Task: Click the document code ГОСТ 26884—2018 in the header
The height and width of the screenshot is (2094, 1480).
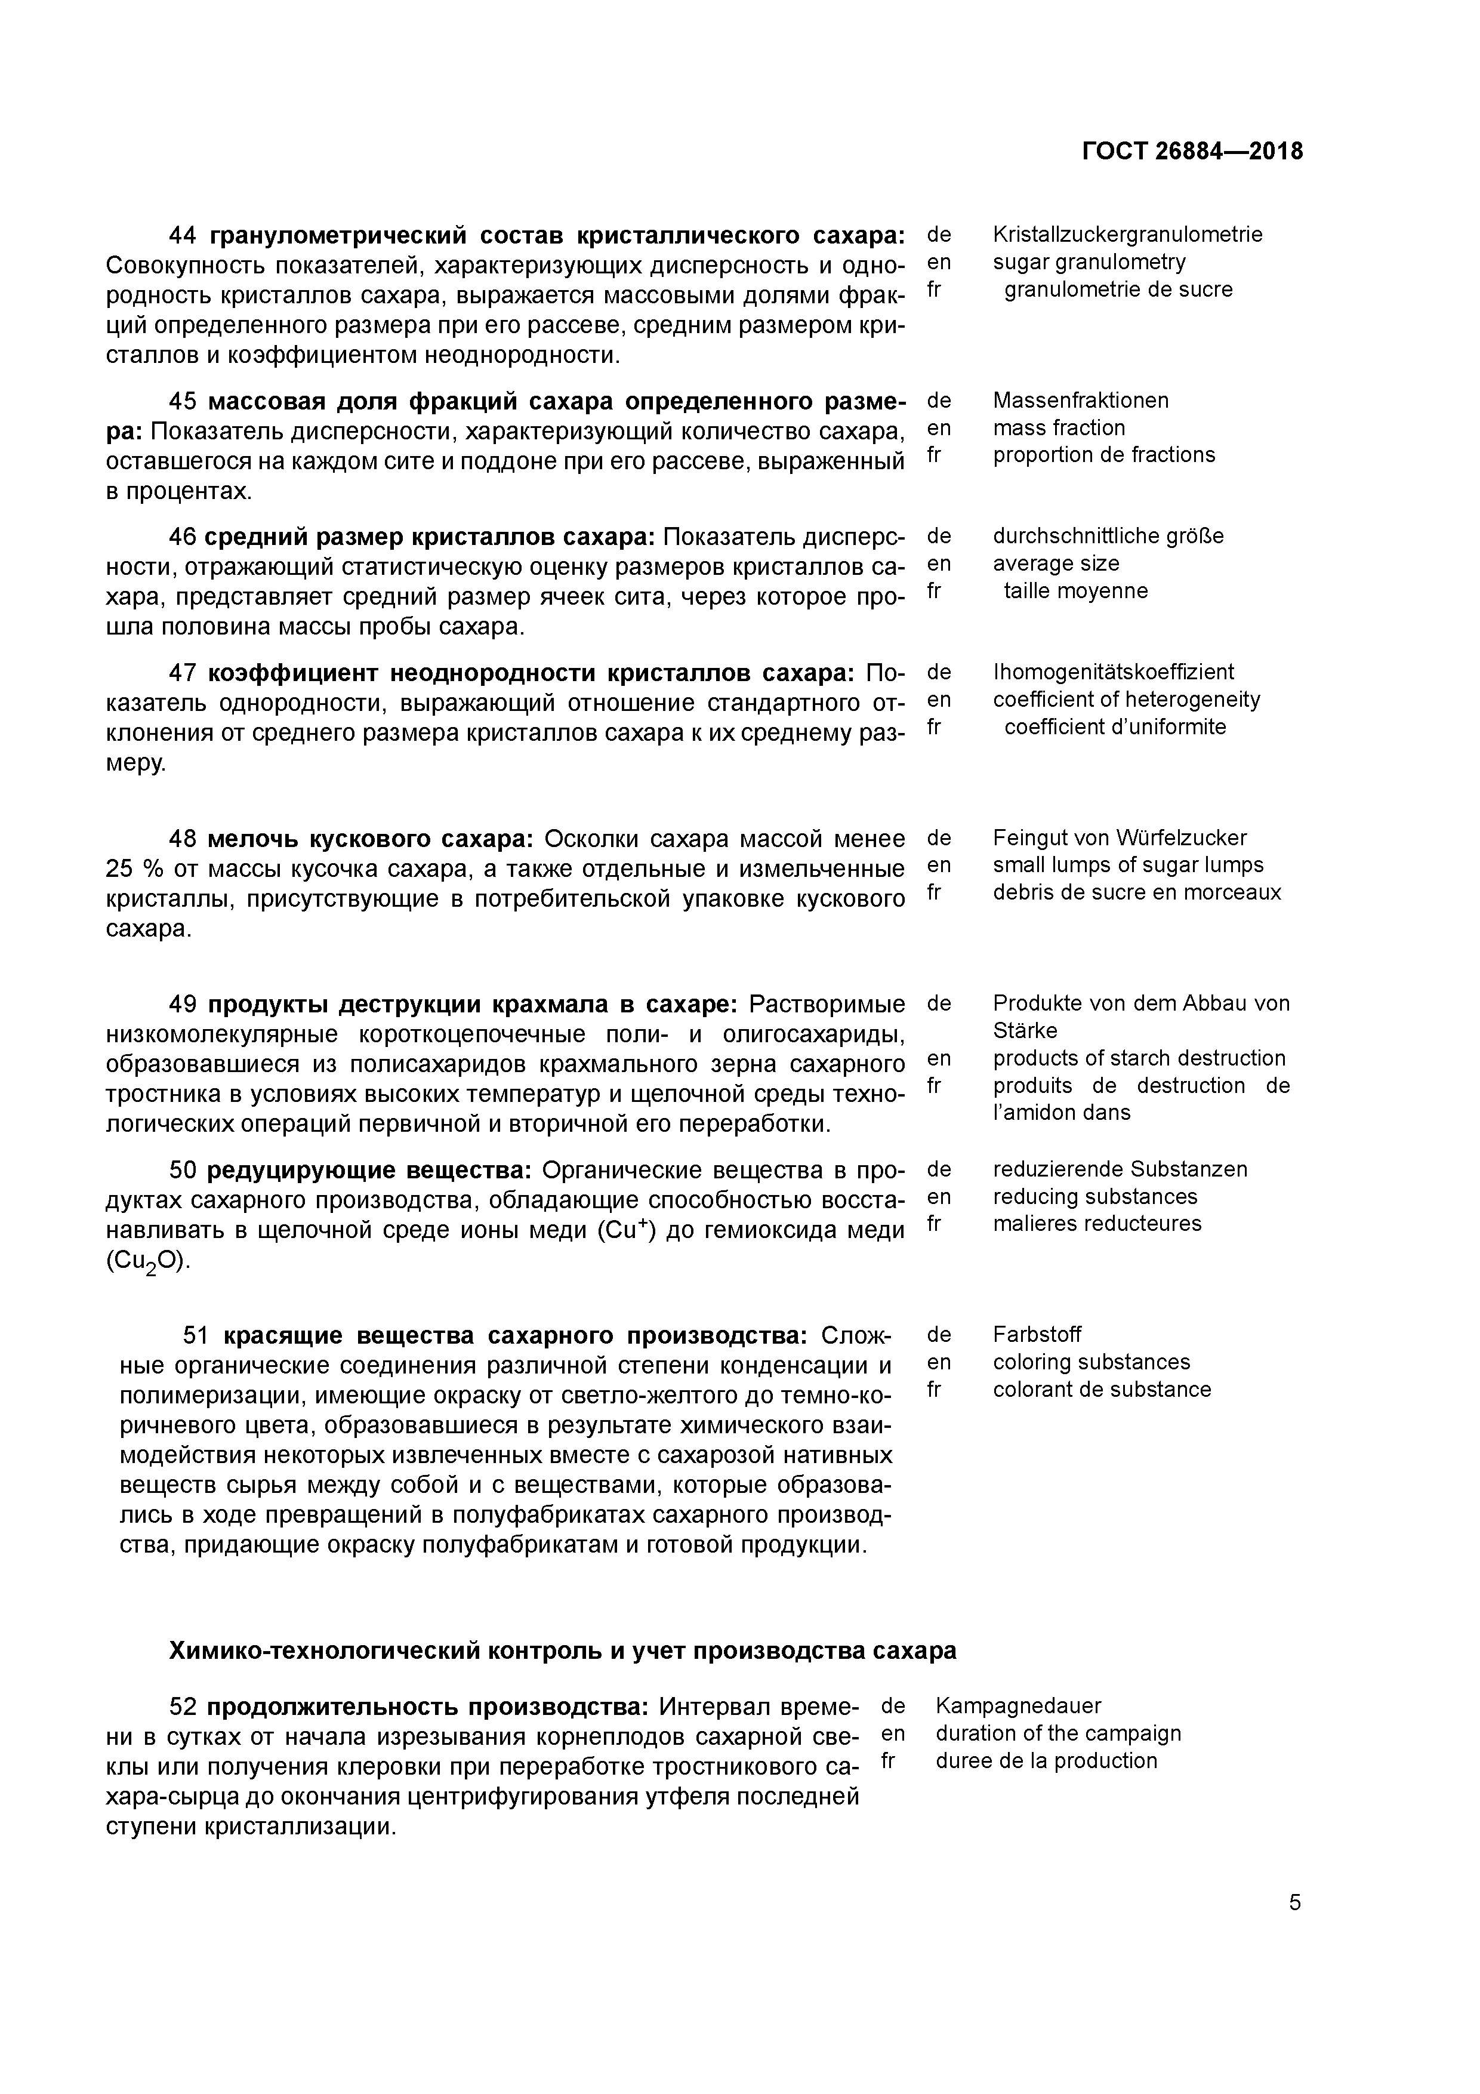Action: (x=1192, y=152)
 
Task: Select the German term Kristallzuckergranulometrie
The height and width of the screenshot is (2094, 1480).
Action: (x=1127, y=235)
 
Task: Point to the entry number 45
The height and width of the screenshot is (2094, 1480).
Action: (x=183, y=401)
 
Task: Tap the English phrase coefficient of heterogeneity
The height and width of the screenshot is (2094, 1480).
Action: (x=1126, y=700)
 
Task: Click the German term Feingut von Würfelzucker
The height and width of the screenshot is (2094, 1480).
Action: (x=1119, y=837)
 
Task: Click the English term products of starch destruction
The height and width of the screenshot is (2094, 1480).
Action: (x=1139, y=1058)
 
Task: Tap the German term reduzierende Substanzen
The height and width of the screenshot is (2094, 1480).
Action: (x=1120, y=1169)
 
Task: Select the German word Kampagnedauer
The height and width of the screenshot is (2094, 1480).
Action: (x=1017, y=1705)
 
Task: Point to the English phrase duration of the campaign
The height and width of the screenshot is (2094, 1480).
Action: (x=1058, y=1733)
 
